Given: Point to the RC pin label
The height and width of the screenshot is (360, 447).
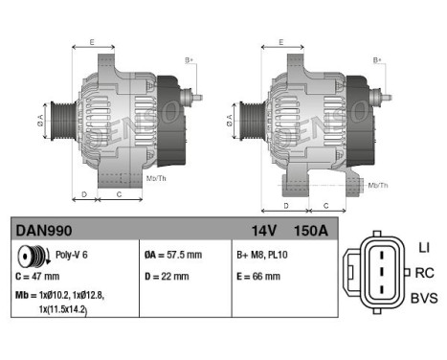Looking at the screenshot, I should (424, 273).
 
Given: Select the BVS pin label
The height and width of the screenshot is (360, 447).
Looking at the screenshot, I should (424, 298).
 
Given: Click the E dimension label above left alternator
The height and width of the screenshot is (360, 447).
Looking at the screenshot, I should (92, 43).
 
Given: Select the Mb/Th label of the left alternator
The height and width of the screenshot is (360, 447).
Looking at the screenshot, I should (157, 178).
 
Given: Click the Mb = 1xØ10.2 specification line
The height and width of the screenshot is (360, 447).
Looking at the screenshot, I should (57, 298).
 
